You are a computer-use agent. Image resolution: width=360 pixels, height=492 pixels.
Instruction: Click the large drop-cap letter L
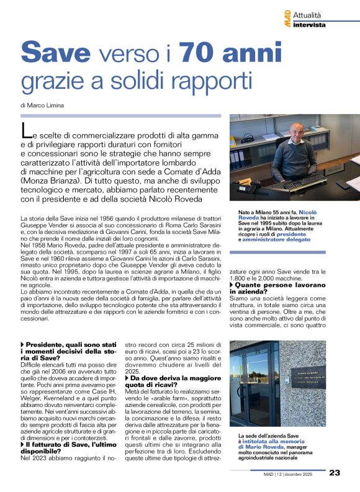click(x=25, y=131)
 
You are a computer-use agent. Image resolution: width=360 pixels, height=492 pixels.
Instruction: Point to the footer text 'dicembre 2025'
click(x=303, y=473)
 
